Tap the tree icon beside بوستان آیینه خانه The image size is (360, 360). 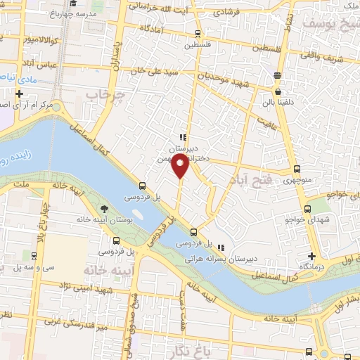[105, 208]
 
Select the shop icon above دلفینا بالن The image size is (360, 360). [278, 91]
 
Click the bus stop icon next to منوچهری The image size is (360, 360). [297, 169]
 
